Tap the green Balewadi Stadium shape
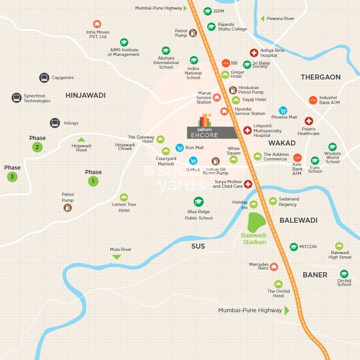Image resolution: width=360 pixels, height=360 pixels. pyautogui.click(x=257, y=222)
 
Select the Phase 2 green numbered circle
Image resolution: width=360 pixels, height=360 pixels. pyautogui.click(x=37, y=147)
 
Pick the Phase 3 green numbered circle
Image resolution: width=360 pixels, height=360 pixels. pyautogui.click(x=12, y=177)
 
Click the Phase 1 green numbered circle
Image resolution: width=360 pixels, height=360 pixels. pyautogui.click(x=93, y=181)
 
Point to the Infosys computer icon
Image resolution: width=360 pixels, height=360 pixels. pyautogui.click(x=55, y=123)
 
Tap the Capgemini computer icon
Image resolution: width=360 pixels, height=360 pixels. pyautogui.click(x=44, y=78)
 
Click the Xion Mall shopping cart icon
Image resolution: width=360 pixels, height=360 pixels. pyautogui.click(x=179, y=148)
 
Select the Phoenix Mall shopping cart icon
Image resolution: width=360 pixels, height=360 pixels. pyautogui.click(x=283, y=110)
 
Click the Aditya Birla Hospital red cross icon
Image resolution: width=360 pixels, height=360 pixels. pyautogui.click(x=254, y=53)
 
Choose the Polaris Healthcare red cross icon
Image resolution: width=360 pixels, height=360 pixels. pyautogui.click(x=309, y=121)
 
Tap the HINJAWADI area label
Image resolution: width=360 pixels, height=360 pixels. pyautogui.click(x=85, y=95)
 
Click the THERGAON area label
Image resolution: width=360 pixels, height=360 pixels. pyautogui.click(x=320, y=77)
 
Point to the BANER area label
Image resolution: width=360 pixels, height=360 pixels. pyautogui.click(x=315, y=275)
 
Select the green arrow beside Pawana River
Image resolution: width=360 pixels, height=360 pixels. pyautogui.click(x=262, y=19)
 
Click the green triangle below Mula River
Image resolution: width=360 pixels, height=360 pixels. pyautogui.click(x=116, y=257)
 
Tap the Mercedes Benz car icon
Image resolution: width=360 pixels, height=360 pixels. pyautogui.click(x=274, y=267)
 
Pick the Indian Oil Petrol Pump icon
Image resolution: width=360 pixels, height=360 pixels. pyautogui.click(x=215, y=161)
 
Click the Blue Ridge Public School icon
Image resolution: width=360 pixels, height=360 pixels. pyautogui.click(x=198, y=202)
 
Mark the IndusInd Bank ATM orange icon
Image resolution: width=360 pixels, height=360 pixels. pyautogui.click(x=313, y=100)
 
